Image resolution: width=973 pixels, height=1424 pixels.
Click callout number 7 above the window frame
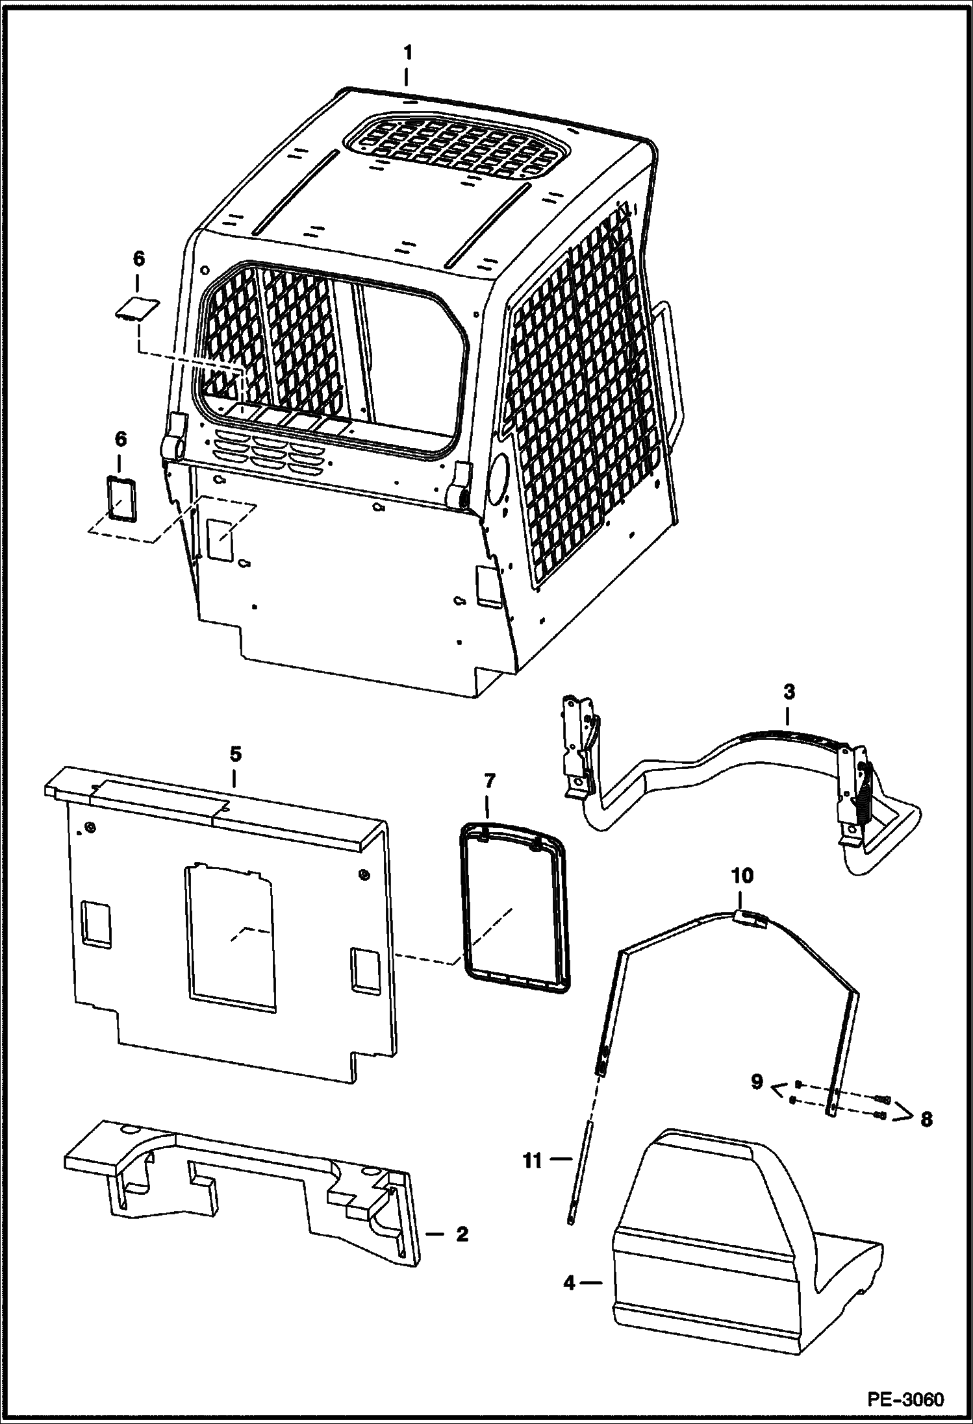[x=488, y=781]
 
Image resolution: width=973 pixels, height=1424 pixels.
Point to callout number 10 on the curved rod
[x=742, y=876]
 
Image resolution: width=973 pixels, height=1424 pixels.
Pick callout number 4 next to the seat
[x=570, y=1283]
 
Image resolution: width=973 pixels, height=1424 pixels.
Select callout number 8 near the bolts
[x=925, y=1119]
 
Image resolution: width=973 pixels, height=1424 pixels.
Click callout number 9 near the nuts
[x=757, y=1083]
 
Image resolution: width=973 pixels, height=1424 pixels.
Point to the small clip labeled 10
[x=746, y=915]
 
